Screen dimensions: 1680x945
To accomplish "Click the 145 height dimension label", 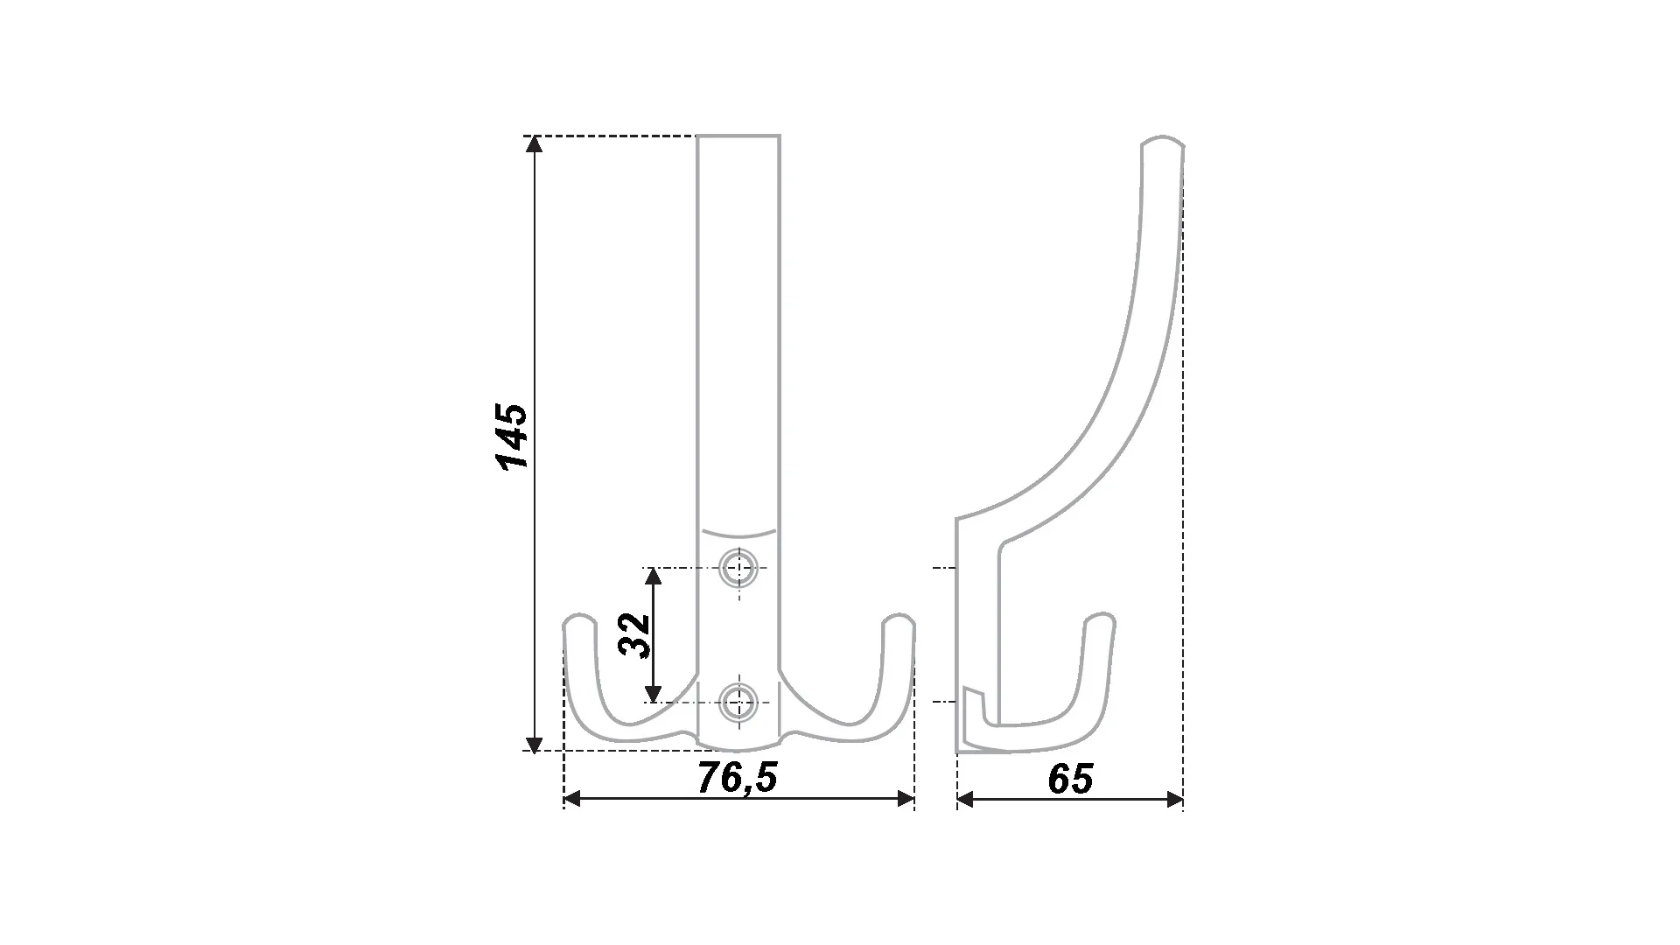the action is click(513, 437).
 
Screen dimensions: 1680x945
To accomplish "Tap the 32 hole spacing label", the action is click(635, 635).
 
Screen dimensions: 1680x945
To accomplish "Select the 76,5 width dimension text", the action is click(738, 778).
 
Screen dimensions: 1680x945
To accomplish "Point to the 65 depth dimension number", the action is click(1070, 779).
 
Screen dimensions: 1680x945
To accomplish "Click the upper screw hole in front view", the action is click(738, 569).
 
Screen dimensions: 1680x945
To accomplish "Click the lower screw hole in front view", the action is click(738, 702).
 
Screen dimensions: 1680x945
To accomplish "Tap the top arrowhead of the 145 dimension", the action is click(533, 144).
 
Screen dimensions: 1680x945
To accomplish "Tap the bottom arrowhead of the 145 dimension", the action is click(533, 744).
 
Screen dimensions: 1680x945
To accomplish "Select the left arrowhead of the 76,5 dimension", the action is click(573, 798).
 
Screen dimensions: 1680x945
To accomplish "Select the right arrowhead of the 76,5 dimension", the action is click(905, 798).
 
